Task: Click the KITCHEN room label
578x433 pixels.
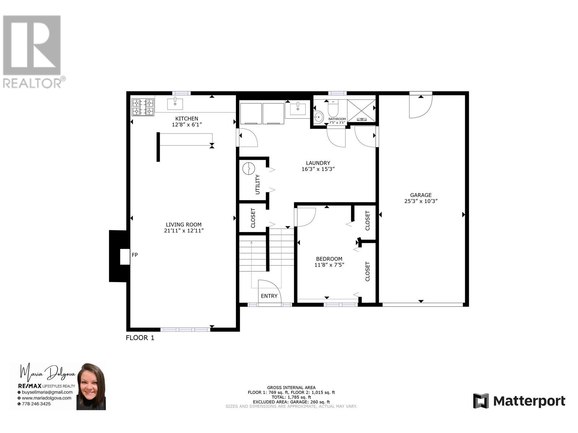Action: (186, 118)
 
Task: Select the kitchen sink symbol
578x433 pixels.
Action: (175, 104)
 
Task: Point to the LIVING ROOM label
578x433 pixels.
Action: (184, 224)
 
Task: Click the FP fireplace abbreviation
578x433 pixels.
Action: (135, 255)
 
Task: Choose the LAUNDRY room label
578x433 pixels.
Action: (318, 163)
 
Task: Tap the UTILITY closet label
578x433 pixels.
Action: (258, 184)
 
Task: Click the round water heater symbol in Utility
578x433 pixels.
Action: (249, 169)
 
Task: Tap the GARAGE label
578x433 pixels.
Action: (421, 195)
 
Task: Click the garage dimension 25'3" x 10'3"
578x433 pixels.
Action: (421, 201)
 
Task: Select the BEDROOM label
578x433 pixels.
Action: (329, 259)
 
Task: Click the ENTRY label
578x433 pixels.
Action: (269, 296)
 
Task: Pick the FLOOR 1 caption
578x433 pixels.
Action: (140, 338)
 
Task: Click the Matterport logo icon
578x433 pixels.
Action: (481, 401)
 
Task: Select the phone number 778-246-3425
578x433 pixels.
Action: (36, 404)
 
